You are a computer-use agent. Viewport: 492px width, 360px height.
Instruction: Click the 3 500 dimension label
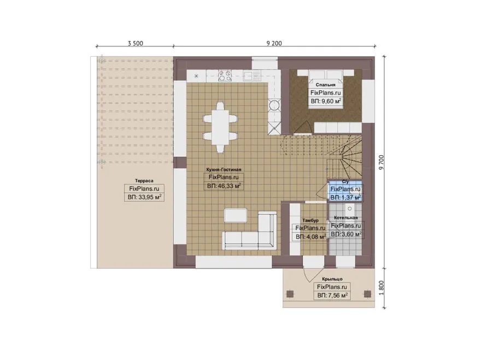tap(135, 43)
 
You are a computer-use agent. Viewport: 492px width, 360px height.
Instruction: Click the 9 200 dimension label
tap(274, 43)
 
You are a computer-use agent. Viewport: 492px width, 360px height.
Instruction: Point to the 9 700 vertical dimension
tap(381, 162)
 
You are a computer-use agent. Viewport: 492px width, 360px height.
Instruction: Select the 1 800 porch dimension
tap(381, 287)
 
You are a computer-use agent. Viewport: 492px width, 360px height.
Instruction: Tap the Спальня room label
tap(325, 85)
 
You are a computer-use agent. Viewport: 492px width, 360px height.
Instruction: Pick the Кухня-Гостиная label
tap(224, 169)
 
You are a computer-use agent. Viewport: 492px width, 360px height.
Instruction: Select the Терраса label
tap(144, 181)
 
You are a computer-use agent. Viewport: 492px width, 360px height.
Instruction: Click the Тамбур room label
tap(311, 221)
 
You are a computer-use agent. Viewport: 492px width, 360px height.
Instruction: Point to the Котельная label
tap(346, 217)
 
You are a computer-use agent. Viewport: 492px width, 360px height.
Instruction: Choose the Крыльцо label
tap(332, 279)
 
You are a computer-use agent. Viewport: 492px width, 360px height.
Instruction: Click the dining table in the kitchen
tap(220, 127)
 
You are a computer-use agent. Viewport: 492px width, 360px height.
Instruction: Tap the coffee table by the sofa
tap(236, 216)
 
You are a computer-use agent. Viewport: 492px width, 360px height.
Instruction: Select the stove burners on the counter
tap(225, 75)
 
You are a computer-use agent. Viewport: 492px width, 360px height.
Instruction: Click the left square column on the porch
tap(290, 294)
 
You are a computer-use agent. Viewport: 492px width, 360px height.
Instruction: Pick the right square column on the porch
tap(367, 294)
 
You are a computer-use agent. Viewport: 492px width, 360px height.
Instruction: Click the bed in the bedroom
tap(325, 90)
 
